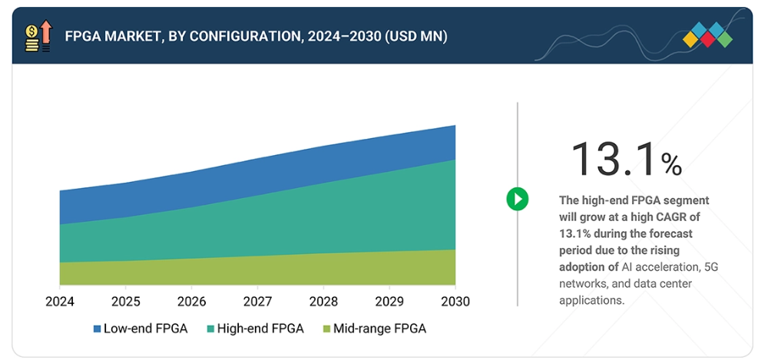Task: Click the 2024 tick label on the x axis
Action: (x=60, y=302)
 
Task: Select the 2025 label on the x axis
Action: (x=126, y=302)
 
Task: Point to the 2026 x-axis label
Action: (x=192, y=302)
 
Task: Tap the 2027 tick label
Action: (x=258, y=302)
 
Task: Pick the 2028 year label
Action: (x=324, y=302)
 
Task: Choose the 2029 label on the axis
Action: (x=389, y=302)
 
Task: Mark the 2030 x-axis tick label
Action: (x=455, y=302)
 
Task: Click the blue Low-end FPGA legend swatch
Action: (x=97, y=329)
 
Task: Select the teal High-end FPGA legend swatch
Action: (x=210, y=329)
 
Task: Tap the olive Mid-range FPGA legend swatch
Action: (x=326, y=329)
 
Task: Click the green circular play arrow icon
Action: (x=518, y=200)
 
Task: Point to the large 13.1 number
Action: (x=614, y=159)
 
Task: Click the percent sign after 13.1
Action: (x=671, y=163)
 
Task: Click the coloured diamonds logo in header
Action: (x=707, y=35)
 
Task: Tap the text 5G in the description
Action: (x=711, y=267)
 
